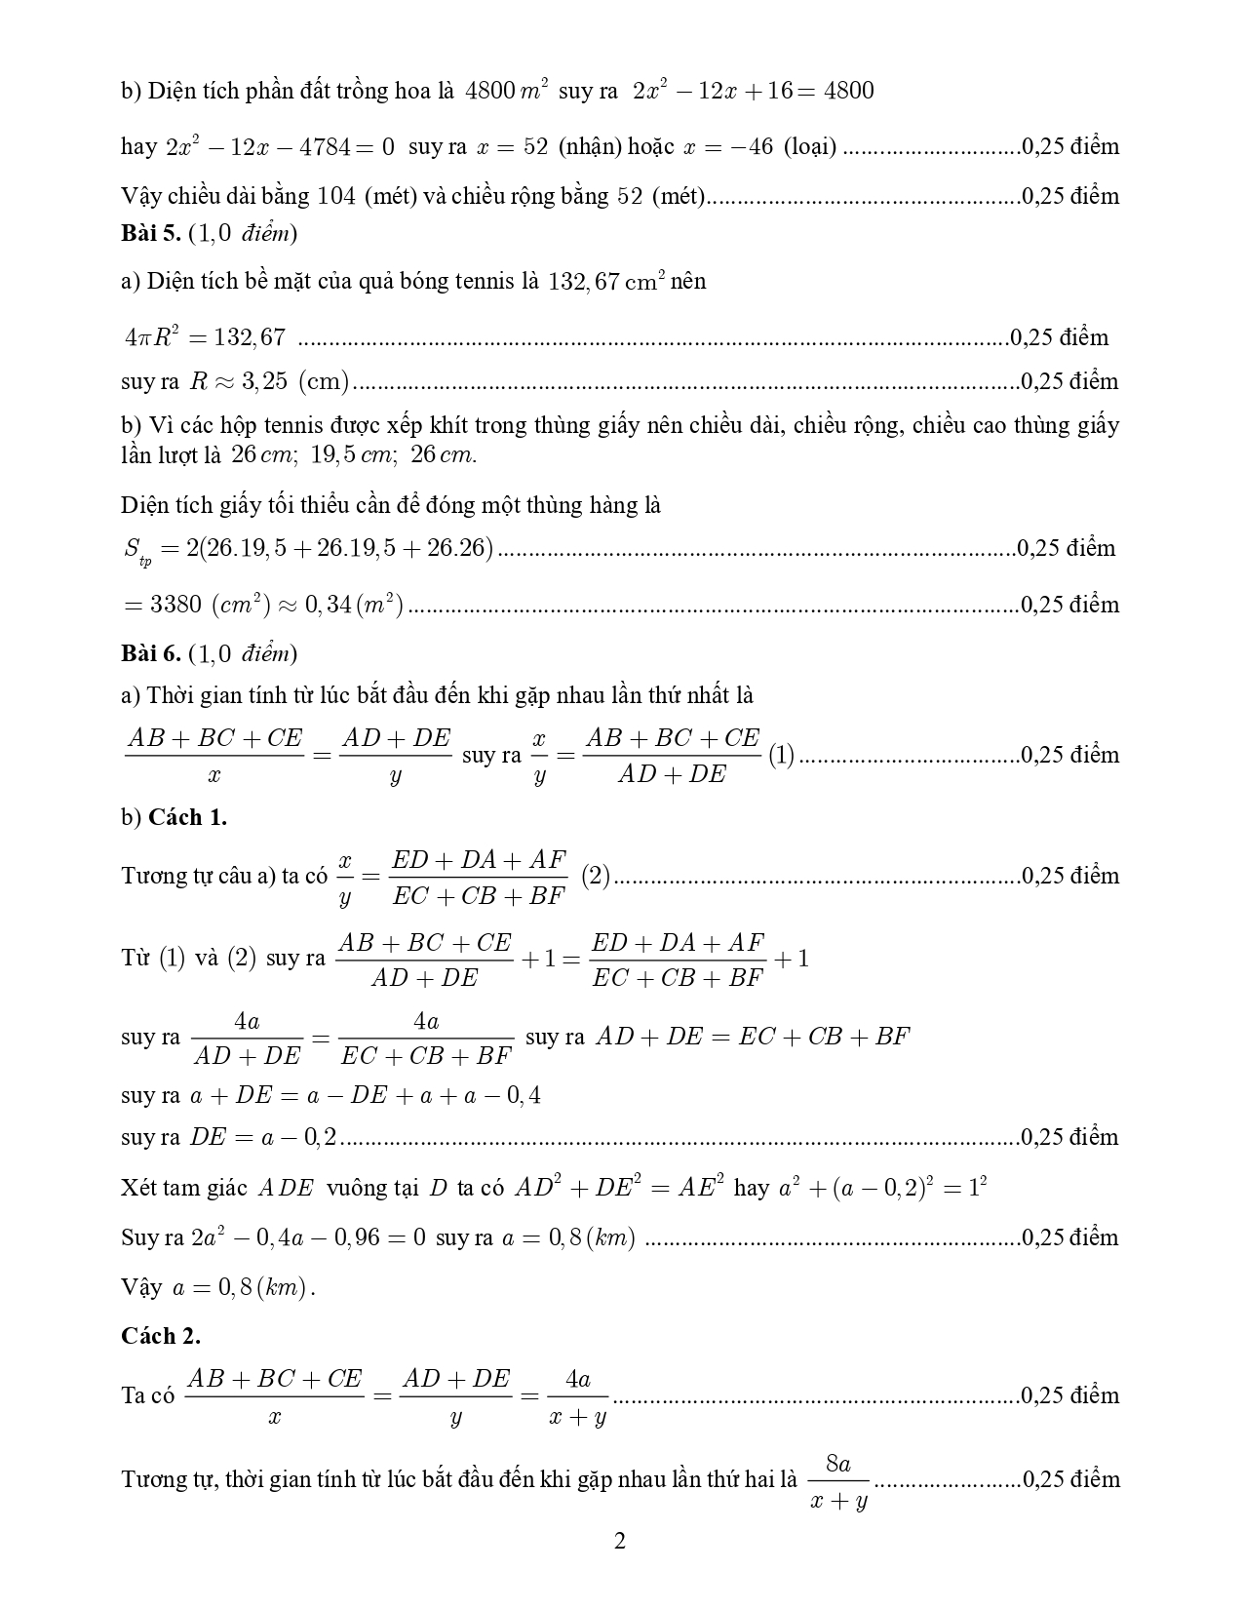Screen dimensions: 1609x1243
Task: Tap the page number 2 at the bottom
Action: (x=620, y=1542)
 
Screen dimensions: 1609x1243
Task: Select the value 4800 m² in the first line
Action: (x=507, y=91)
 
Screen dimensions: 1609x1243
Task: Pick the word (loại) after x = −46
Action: (x=809, y=147)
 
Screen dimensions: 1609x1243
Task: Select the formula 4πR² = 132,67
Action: (x=205, y=337)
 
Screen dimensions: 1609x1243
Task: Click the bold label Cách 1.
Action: (x=187, y=817)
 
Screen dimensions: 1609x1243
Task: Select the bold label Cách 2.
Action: (x=161, y=1336)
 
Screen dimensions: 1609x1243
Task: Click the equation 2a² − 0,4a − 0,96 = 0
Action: (x=309, y=1238)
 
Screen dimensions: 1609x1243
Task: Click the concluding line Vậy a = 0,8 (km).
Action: (x=218, y=1287)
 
